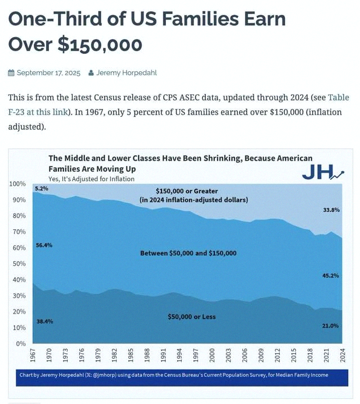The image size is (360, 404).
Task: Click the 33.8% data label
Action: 331,210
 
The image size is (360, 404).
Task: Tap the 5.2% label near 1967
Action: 42,188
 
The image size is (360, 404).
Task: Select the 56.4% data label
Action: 44,246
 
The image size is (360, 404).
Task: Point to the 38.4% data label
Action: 45,321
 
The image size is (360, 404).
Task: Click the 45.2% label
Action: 331,276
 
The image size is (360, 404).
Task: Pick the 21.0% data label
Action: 330,326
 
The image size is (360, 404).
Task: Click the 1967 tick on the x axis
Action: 33,355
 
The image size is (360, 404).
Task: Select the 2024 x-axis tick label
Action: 343,355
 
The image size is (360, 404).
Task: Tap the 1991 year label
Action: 163,355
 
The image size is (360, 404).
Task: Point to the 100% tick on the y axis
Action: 17,184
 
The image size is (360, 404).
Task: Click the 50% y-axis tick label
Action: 19,264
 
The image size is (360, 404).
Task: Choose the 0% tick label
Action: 21,344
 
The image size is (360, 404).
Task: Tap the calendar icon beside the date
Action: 11,73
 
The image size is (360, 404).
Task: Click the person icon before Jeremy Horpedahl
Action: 91,73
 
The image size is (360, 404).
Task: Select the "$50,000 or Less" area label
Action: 192,317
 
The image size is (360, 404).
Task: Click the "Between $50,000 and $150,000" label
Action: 188,253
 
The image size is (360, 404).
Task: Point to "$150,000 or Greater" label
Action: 187,191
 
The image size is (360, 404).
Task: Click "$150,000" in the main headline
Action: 100,45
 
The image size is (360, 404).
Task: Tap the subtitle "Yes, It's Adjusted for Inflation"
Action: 92,179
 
